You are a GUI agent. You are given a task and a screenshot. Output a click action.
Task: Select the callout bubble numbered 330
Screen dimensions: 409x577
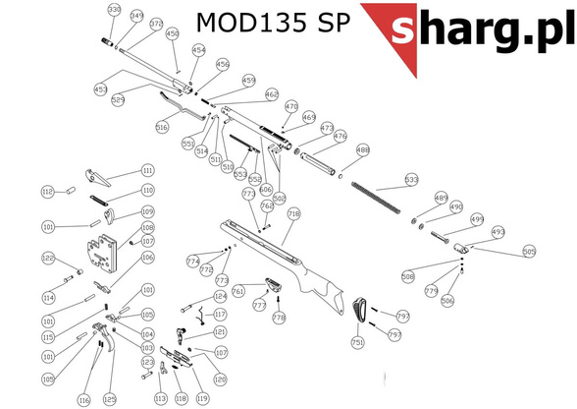[x=114, y=11]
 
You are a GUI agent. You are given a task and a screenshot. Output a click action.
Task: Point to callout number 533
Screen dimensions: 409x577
[x=411, y=180]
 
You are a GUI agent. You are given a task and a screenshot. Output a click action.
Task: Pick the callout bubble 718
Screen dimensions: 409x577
[x=293, y=213]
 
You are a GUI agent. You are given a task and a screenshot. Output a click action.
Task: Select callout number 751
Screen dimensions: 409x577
[x=357, y=341]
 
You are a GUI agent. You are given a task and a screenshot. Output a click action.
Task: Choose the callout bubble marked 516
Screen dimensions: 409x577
[x=162, y=127]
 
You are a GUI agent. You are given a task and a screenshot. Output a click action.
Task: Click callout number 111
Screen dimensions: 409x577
[x=148, y=169]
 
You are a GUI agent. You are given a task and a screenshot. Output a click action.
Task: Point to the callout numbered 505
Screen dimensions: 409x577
[x=529, y=252]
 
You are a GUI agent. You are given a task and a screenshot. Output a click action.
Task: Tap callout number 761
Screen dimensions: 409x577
[x=236, y=291]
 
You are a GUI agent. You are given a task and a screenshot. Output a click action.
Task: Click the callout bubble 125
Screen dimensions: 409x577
[x=110, y=399]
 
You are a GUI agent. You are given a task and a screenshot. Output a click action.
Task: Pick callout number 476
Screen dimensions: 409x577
[x=341, y=137]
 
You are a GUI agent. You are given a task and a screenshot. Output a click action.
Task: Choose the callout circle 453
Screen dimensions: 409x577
[x=100, y=89]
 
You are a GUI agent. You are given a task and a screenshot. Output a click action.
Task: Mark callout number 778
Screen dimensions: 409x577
[x=278, y=319]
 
